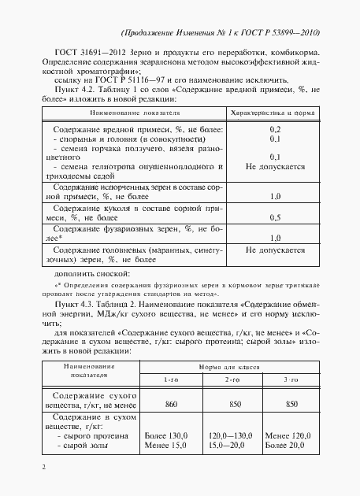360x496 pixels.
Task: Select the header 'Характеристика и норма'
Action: point(276,113)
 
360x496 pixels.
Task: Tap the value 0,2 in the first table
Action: point(276,128)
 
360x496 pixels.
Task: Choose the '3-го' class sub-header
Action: point(291,380)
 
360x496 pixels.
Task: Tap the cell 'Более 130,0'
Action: point(169,435)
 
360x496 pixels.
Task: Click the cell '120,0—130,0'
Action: point(232,435)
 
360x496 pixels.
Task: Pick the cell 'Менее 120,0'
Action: point(292,435)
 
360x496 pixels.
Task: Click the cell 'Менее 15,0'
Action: point(167,446)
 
